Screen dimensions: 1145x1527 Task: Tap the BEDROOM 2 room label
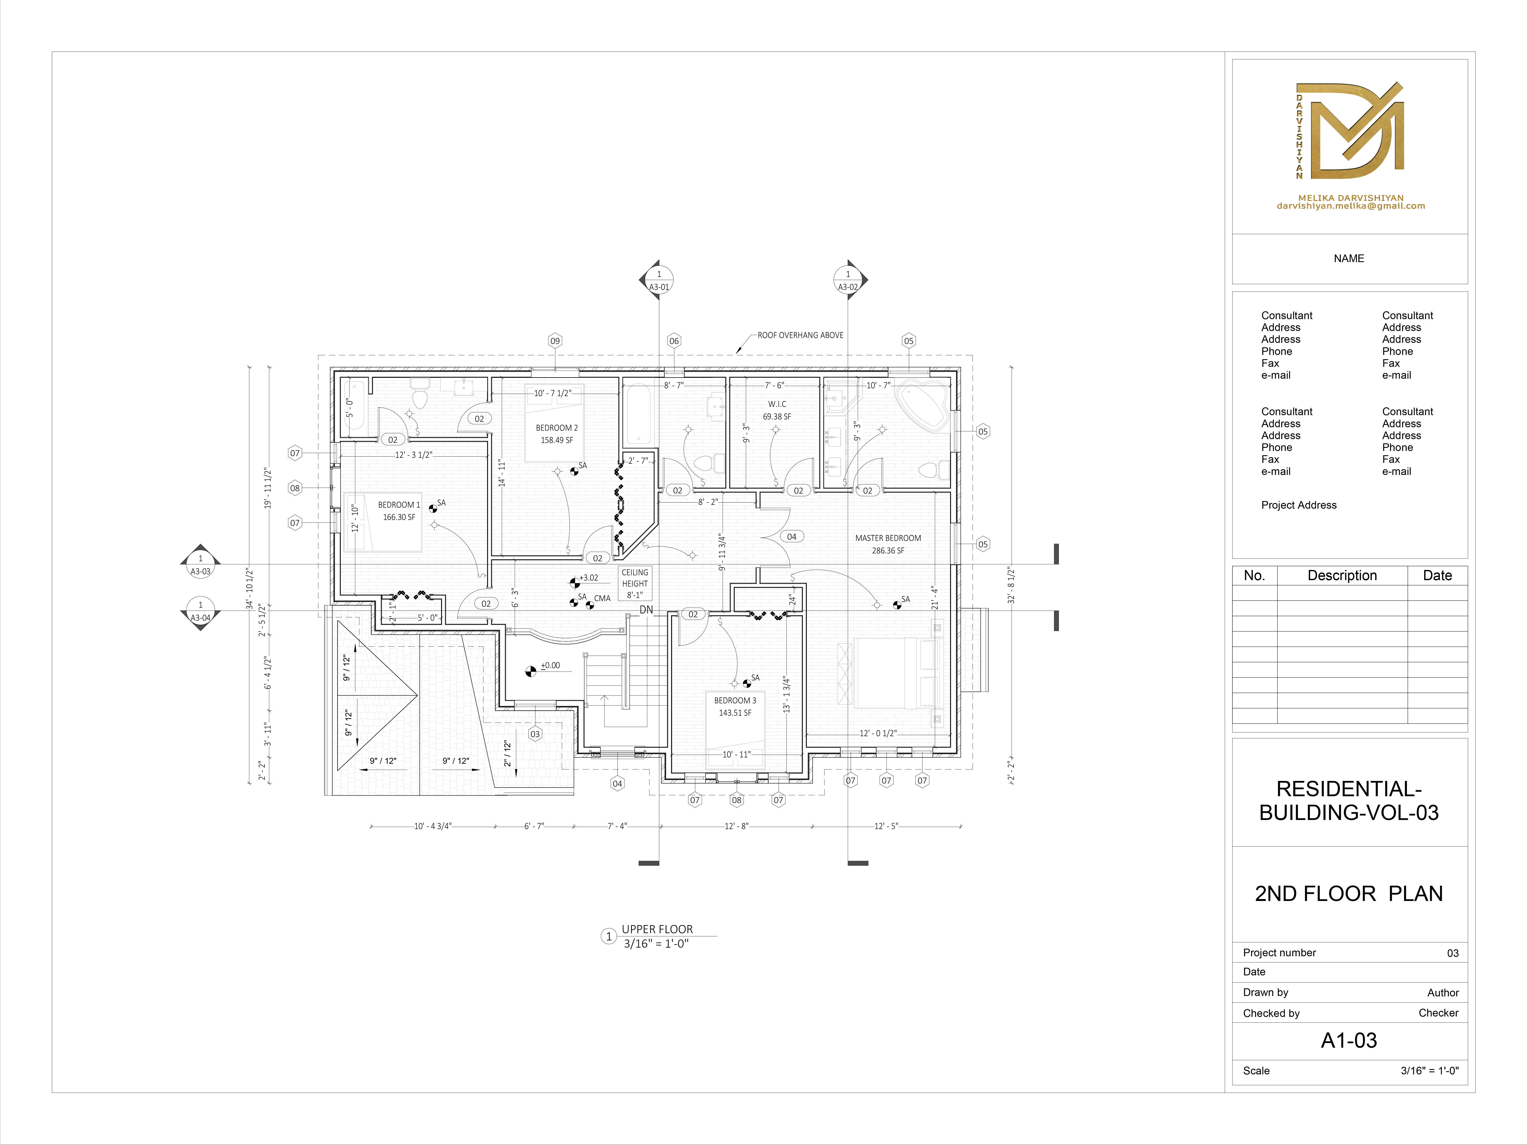click(557, 433)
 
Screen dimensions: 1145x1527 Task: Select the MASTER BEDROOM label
click(888, 544)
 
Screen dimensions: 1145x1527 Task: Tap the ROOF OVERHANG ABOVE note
click(800, 335)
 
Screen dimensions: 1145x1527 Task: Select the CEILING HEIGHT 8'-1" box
click(634, 583)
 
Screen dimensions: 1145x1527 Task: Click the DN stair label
click(646, 609)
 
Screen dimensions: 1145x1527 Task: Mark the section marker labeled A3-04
click(200, 611)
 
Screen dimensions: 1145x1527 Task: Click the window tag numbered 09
click(555, 341)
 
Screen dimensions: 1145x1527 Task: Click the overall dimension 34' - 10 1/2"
click(249, 589)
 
